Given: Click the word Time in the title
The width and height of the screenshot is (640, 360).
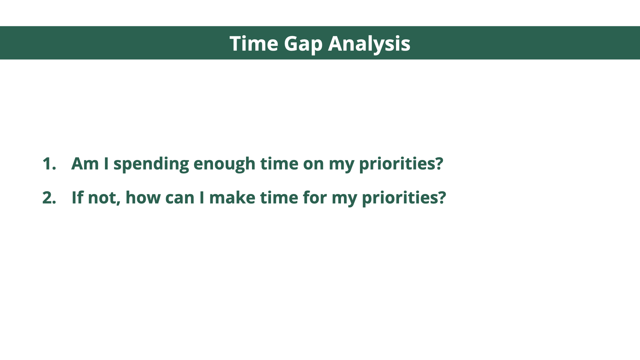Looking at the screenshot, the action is [254, 43].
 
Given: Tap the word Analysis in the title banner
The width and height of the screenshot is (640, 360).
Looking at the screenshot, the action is [369, 44].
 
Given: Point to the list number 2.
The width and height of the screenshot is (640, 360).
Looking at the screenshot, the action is [49, 198].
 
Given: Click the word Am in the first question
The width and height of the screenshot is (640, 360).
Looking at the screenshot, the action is [85, 164].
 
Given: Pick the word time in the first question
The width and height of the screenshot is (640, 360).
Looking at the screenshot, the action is [279, 163].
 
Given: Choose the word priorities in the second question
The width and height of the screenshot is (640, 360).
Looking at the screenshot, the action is [400, 198].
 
